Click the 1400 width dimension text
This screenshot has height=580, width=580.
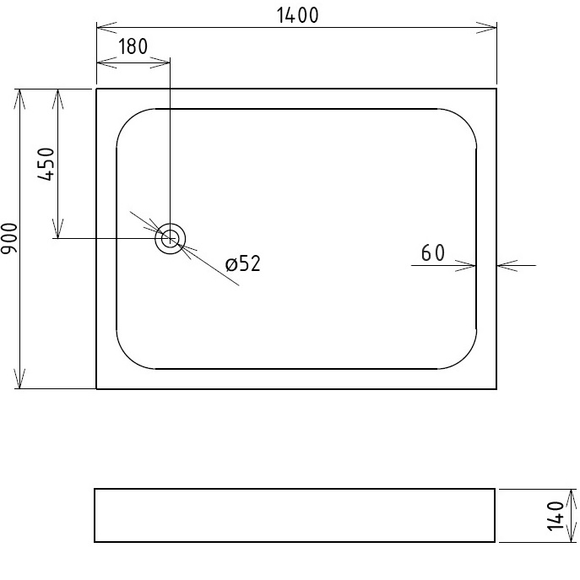pyautogui.click(x=296, y=15)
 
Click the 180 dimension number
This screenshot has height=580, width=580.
pyautogui.click(x=133, y=46)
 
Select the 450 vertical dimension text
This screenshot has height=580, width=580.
pyautogui.click(x=46, y=164)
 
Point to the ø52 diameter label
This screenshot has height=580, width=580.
pyautogui.click(x=243, y=264)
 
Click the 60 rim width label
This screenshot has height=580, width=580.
pyautogui.click(x=432, y=252)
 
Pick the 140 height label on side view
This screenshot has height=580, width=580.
pyautogui.click(x=555, y=515)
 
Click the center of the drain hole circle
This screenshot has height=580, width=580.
pyautogui.click(x=170, y=239)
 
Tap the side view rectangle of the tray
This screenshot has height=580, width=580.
pyautogui.click(x=295, y=515)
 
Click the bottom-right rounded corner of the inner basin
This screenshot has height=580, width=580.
pyautogui.click(x=467, y=358)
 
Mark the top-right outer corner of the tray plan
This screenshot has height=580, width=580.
pyautogui.click(x=496, y=89)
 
